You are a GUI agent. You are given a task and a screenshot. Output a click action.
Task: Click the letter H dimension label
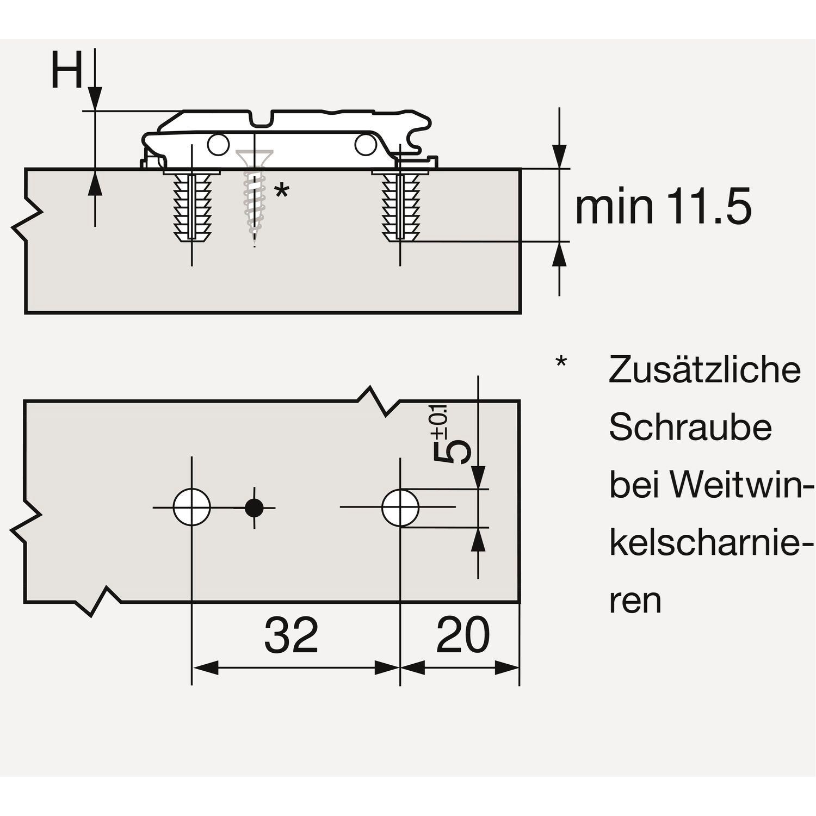tap(67, 71)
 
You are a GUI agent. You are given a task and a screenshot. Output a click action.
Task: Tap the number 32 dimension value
tap(291, 636)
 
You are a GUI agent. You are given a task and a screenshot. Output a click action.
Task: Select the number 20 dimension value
tap(463, 636)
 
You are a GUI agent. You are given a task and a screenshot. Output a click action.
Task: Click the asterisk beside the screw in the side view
tap(282, 191)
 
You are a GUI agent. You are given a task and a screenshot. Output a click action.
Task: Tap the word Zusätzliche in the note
tap(705, 370)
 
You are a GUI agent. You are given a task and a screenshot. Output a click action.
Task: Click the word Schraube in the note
tap(690, 427)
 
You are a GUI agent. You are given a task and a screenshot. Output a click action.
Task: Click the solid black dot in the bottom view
tap(254, 508)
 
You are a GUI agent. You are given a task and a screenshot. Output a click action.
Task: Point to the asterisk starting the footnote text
tap(561, 362)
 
